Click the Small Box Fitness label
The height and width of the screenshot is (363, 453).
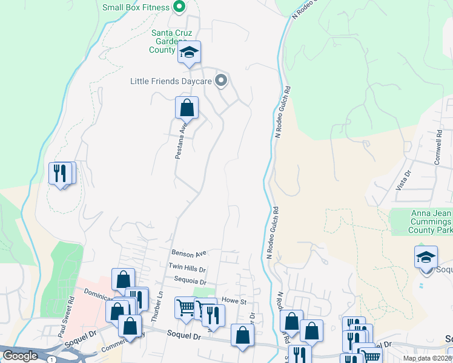(136, 7)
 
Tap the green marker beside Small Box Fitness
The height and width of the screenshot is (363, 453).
(179, 7)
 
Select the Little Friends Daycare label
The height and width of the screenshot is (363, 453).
(173, 80)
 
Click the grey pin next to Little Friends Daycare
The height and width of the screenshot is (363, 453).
(222, 80)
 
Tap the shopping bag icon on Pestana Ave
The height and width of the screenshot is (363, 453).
(187, 108)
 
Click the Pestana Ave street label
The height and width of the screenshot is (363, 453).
(180, 140)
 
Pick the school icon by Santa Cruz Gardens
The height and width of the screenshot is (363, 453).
(189, 53)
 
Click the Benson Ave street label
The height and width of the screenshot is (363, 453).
(189, 253)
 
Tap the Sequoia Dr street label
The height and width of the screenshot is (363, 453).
(190, 281)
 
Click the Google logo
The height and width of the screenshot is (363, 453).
(20, 356)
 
